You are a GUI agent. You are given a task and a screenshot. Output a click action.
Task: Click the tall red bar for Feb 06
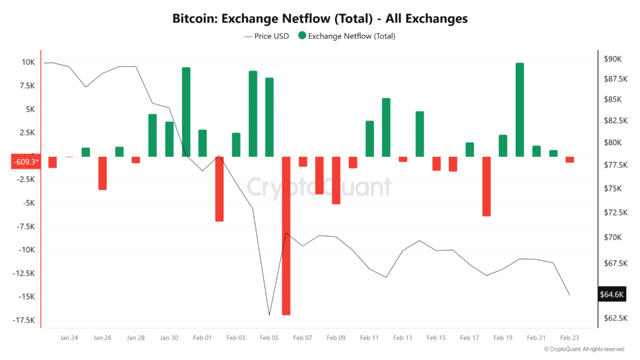pos(286,235)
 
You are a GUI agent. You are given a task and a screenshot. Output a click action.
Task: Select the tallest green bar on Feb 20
pos(519,109)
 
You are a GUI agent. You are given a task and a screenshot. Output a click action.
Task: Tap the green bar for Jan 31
pos(186,112)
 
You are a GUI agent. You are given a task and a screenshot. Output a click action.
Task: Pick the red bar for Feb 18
pos(486,186)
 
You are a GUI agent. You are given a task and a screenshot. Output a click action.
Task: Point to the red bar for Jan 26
pos(102,172)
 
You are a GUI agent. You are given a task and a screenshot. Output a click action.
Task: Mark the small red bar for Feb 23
pos(569,159)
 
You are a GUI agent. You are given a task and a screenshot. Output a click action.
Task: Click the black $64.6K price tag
pos(611,294)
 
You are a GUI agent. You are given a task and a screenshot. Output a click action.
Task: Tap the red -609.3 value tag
pos(25,162)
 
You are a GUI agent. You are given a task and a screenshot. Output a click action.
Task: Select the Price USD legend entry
pos(266,36)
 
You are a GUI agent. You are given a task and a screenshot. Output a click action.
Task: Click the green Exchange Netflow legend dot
pos(302,36)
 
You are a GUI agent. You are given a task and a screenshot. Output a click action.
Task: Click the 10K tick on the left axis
pos(27,62)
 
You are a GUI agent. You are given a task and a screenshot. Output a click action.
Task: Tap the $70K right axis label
pos(612,237)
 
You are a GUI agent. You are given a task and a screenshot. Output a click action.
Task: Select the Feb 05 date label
pos(269,337)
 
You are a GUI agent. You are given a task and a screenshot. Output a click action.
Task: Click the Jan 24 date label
pos(69,337)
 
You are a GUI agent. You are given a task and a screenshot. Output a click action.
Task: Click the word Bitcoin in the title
pos(194,19)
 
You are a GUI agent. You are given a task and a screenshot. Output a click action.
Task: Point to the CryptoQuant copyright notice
pos(584,349)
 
